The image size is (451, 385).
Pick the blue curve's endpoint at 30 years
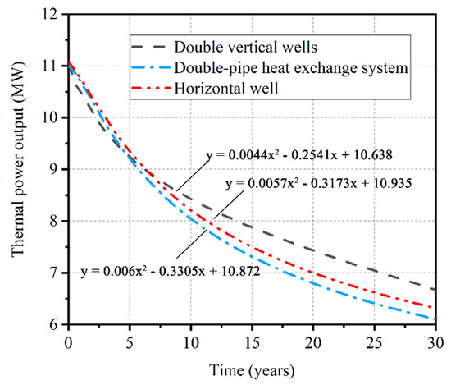click(435, 319)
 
